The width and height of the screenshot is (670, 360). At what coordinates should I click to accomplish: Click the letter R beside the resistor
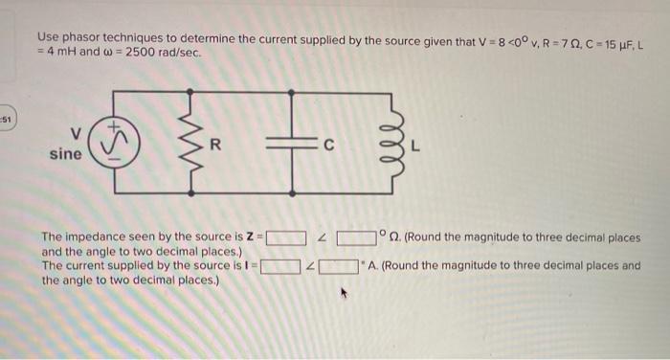(x=214, y=146)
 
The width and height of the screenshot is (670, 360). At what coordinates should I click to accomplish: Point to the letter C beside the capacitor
(x=327, y=146)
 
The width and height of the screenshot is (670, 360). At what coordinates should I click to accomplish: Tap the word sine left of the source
(x=65, y=153)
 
